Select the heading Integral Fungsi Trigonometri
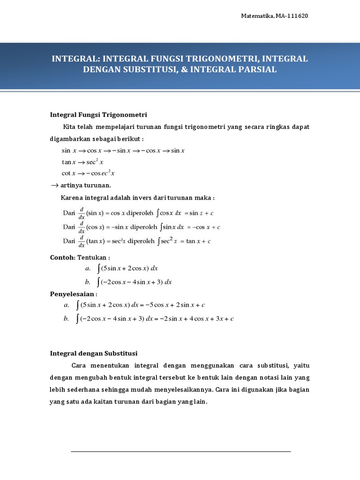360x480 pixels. tap(99, 114)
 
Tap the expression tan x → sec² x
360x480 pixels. tap(82, 162)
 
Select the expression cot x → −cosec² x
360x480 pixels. tap(88, 173)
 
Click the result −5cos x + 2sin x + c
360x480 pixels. tap(175, 305)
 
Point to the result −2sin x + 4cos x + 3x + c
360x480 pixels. tap(194, 319)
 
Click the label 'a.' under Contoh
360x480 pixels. tap(88, 269)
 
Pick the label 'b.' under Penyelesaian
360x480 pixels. tap(66, 319)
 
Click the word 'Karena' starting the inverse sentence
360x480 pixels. tap(72, 197)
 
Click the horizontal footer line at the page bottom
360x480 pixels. tap(180, 451)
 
